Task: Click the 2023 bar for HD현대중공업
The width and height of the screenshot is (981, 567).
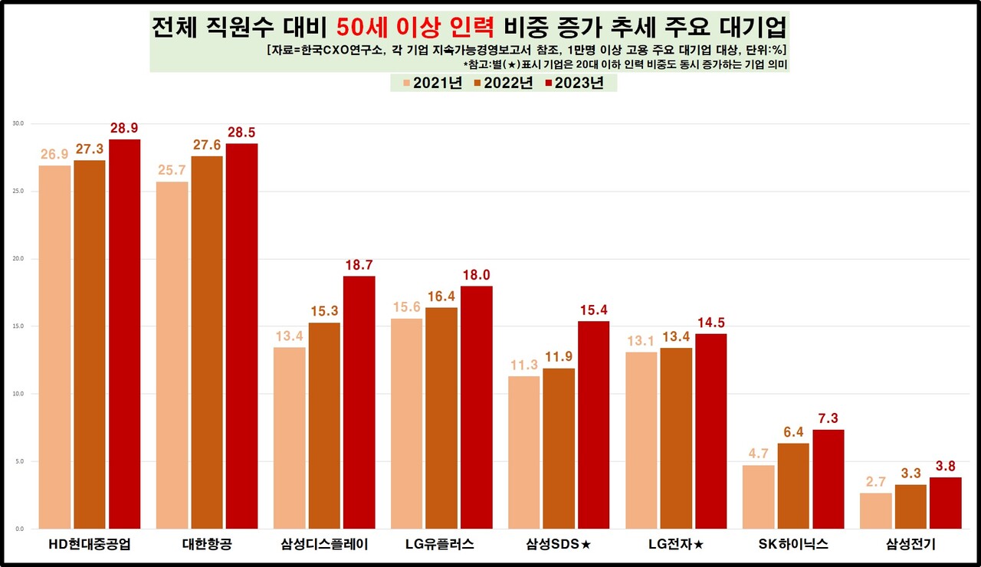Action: tap(124, 334)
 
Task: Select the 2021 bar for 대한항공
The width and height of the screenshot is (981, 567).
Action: tap(172, 355)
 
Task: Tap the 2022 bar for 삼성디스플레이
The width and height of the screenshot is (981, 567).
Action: tap(325, 425)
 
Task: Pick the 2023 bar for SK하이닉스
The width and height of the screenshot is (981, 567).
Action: tap(828, 479)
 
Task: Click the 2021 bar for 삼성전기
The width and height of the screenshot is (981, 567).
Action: tap(875, 510)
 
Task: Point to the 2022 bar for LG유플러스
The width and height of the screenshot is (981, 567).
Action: tap(441, 418)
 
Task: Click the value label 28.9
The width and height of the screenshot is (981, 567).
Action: tap(124, 128)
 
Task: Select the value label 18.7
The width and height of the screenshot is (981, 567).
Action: tap(359, 264)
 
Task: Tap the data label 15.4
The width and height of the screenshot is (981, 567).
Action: tap(593, 310)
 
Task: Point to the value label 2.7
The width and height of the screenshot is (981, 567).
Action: tap(875, 481)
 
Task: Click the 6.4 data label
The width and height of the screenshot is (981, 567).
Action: tap(792, 431)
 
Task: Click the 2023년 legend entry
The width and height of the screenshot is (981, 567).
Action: tap(573, 84)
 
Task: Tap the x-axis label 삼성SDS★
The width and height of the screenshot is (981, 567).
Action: tap(558, 546)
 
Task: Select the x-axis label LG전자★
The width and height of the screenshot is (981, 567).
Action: tap(675, 546)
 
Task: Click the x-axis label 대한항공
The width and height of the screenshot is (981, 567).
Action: tap(207, 546)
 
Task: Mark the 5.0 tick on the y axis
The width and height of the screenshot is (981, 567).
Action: tap(18, 461)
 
